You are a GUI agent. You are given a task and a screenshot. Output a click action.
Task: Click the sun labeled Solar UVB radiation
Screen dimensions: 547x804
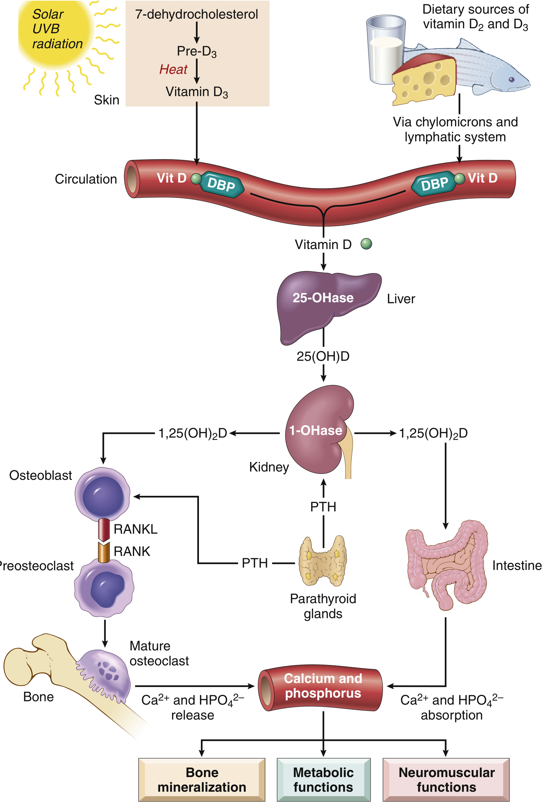[x=55, y=33]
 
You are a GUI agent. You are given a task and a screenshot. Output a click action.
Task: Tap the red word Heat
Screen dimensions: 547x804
[x=173, y=69]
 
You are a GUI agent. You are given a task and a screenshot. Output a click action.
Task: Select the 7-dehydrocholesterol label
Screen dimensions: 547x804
[x=196, y=14]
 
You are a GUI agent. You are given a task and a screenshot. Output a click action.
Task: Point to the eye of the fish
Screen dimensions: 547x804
[x=511, y=79]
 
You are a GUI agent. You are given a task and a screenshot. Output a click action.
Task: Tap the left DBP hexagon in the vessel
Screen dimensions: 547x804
[x=222, y=184]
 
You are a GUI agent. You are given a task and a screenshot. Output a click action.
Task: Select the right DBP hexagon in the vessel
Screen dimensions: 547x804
[x=434, y=184]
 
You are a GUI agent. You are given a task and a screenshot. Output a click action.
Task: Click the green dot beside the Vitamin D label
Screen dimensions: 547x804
[x=366, y=244]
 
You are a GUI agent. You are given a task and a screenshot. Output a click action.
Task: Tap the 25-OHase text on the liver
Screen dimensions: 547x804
[x=323, y=298]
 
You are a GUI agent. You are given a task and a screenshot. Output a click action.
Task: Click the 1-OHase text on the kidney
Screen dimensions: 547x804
[x=316, y=431]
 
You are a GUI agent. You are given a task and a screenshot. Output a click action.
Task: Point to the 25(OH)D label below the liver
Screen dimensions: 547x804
[x=323, y=356]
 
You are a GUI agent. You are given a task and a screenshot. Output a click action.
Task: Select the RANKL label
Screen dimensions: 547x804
[x=136, y=529]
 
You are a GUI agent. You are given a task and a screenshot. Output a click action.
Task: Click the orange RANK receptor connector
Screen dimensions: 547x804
[x=104, y=553]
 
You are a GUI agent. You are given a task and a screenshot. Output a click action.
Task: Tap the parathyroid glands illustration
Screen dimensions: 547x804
[x=323, y=561]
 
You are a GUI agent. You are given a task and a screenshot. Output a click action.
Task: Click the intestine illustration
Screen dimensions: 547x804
[x=446, y=566]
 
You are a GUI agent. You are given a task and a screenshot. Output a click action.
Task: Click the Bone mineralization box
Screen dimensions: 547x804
[x=202, y=780]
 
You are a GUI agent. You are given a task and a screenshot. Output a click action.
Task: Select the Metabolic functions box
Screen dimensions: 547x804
[x=323, y=780]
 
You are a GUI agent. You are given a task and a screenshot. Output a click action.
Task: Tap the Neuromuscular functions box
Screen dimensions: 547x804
[x=446, y=780]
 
